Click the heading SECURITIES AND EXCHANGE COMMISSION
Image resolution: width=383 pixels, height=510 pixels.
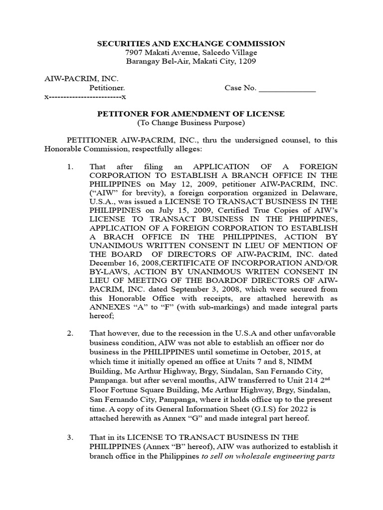pos(191,44)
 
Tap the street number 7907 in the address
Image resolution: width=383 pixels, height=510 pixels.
pos(135,53)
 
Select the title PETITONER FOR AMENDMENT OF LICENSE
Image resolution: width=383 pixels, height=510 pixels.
pos(191,114)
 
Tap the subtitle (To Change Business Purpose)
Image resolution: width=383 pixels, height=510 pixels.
pos(191,123)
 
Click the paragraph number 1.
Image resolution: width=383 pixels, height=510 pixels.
pos(70,166)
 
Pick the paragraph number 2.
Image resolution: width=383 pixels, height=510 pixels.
pos(70,333)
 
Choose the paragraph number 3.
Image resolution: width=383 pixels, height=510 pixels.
pos(70,437)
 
